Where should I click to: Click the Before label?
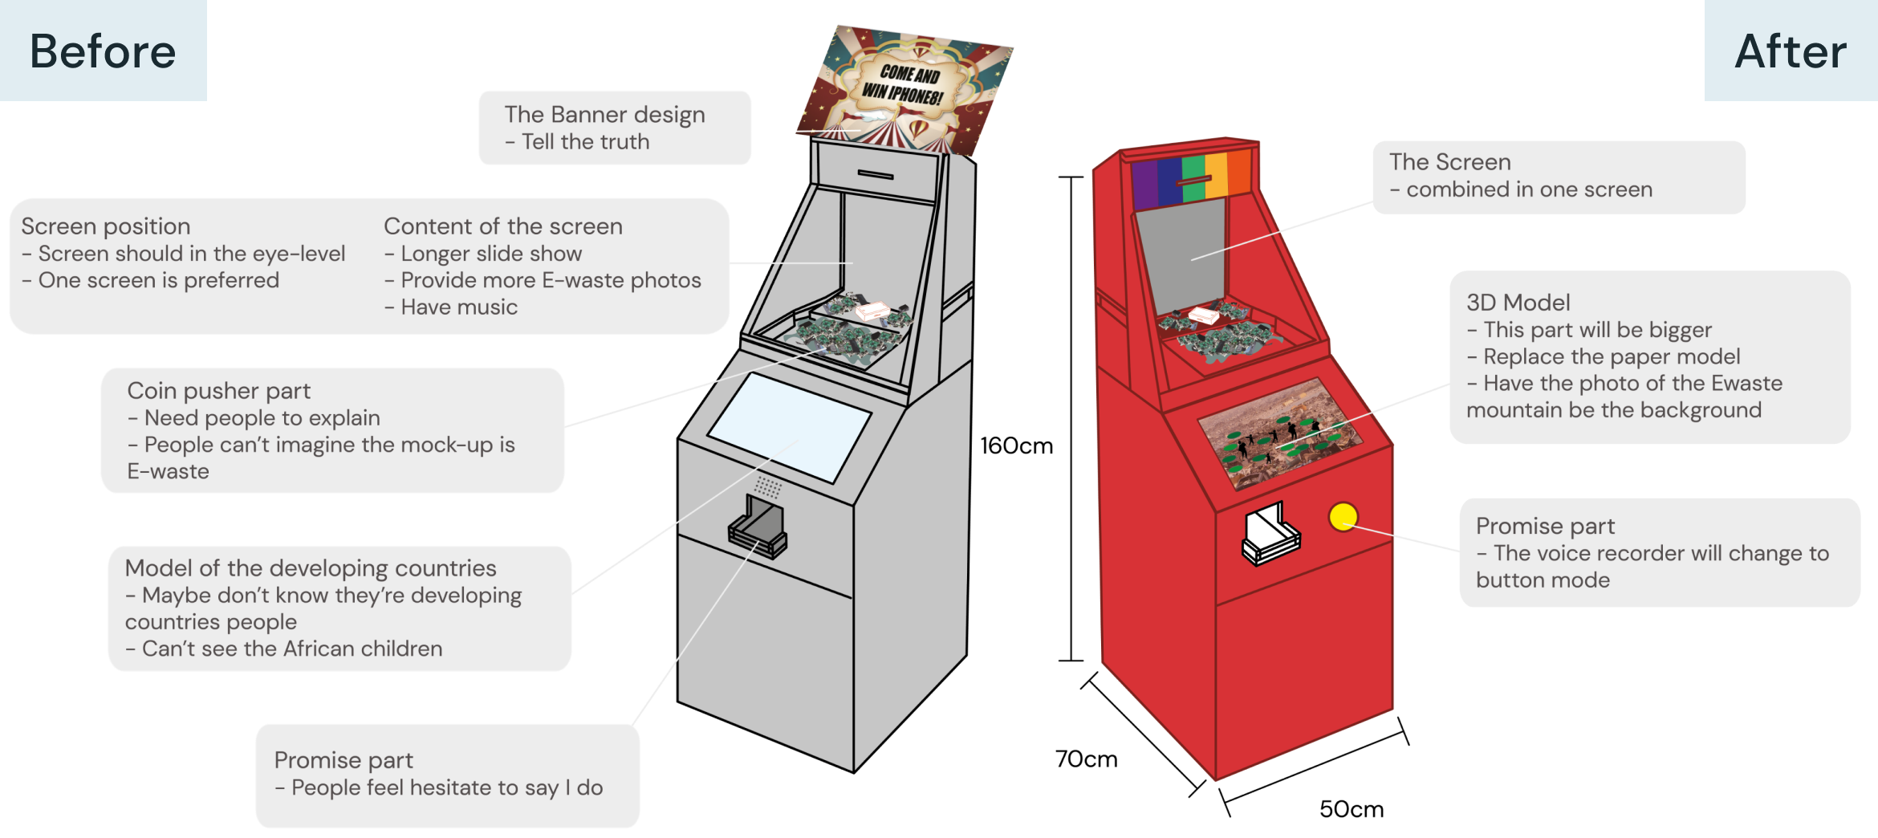[x=103, y=51]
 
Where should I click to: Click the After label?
[x=1791, y=51]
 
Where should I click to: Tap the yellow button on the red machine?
[x=1343, y=517]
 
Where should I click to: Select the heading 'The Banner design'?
[x=604, y=115]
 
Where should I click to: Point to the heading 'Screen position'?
[x=106, y=226]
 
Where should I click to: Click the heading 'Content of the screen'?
[x=503, y=226]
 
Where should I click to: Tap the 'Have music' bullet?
[x=458, y=307]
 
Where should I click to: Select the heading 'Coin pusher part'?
[x=218, y=391]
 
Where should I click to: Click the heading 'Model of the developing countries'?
[x=311, y=568]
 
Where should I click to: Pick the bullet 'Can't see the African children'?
[x=291, y=649]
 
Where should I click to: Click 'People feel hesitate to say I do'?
[x=446, y=787]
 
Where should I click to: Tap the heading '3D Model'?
[x=1518, y=303]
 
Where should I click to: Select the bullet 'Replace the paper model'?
[x=1611, y=356]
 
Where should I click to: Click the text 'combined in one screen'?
[x=1529, y=189]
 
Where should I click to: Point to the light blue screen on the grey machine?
[x=789, y=425]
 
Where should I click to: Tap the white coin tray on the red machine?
[x=1270, y=534]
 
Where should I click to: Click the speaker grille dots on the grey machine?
[x=768, y=486]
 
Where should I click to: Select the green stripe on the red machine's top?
[x=1193, y=177]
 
